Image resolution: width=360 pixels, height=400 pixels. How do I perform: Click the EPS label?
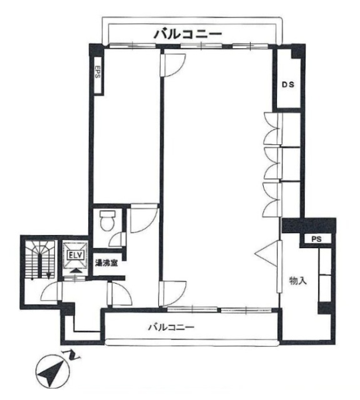tap(97, 72)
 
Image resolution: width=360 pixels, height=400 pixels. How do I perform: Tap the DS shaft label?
tap(288, 84)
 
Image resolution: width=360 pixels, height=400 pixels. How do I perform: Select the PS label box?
tap(316, 239)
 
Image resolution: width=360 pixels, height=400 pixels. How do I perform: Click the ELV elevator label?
tap(75, 255)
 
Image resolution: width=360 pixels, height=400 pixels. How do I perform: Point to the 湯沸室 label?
tap(106, 262)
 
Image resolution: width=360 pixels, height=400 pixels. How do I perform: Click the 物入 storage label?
tap(297, 281)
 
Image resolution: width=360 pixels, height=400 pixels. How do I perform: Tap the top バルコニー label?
tap(187, 34)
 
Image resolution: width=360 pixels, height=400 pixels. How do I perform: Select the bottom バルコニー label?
tap(171, 327)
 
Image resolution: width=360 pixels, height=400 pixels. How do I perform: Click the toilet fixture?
tap(107, 221)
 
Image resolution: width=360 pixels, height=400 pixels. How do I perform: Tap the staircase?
tap(40, 260)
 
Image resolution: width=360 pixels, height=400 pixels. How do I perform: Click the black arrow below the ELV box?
tap(75, 271)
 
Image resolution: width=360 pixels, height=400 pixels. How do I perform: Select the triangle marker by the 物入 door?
tap(266, 254)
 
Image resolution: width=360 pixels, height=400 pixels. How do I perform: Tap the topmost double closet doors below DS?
tap(272, 128)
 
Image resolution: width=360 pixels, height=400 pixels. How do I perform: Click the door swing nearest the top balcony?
tap(172, 65)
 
